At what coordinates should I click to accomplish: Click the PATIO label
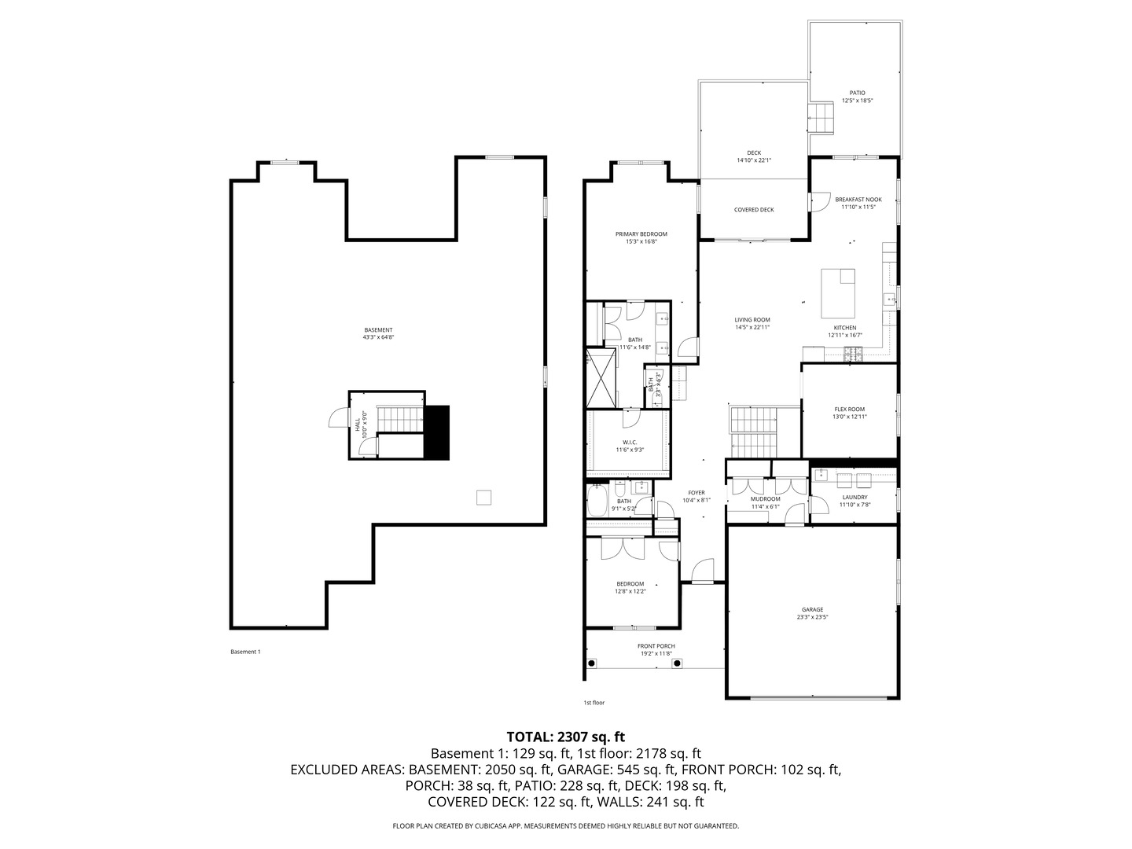pyautogui.click(x=857, y=93)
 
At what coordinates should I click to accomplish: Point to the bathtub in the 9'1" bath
pyautogui.click(x=597, y=501)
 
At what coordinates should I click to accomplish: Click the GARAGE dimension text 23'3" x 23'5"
pyautogui.click(x=812, y=617)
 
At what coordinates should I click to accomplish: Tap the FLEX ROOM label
pyautogui.click(x=849, y=409)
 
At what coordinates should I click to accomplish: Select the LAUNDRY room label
pyautogui.click(x=855, y=497)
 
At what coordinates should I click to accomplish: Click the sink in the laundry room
pyautogui.click(x=821, y=475)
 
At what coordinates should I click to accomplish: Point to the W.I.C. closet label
pyautogui.click(x=630, y=442)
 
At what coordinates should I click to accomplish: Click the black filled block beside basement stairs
pyautogui.click(x=436, y=432)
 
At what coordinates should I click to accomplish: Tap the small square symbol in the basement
pyautogui.click(x=484, y=497)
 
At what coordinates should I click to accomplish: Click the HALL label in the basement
pyautogui.click(x=358, y=424)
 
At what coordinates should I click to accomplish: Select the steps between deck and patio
pyautogui.click(x=822, y=118)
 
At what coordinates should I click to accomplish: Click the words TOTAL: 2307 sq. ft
pyautogui.click(x=565, y=737)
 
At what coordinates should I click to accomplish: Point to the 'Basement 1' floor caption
pyautogui.click(x=245, y=652)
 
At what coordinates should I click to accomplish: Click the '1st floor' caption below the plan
pyautogui.click(x=594, y=703)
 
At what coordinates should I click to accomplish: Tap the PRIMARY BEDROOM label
pyautogui.click(x=641, y=234)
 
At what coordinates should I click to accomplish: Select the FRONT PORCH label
pyautogui.click(x=656, y=646)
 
